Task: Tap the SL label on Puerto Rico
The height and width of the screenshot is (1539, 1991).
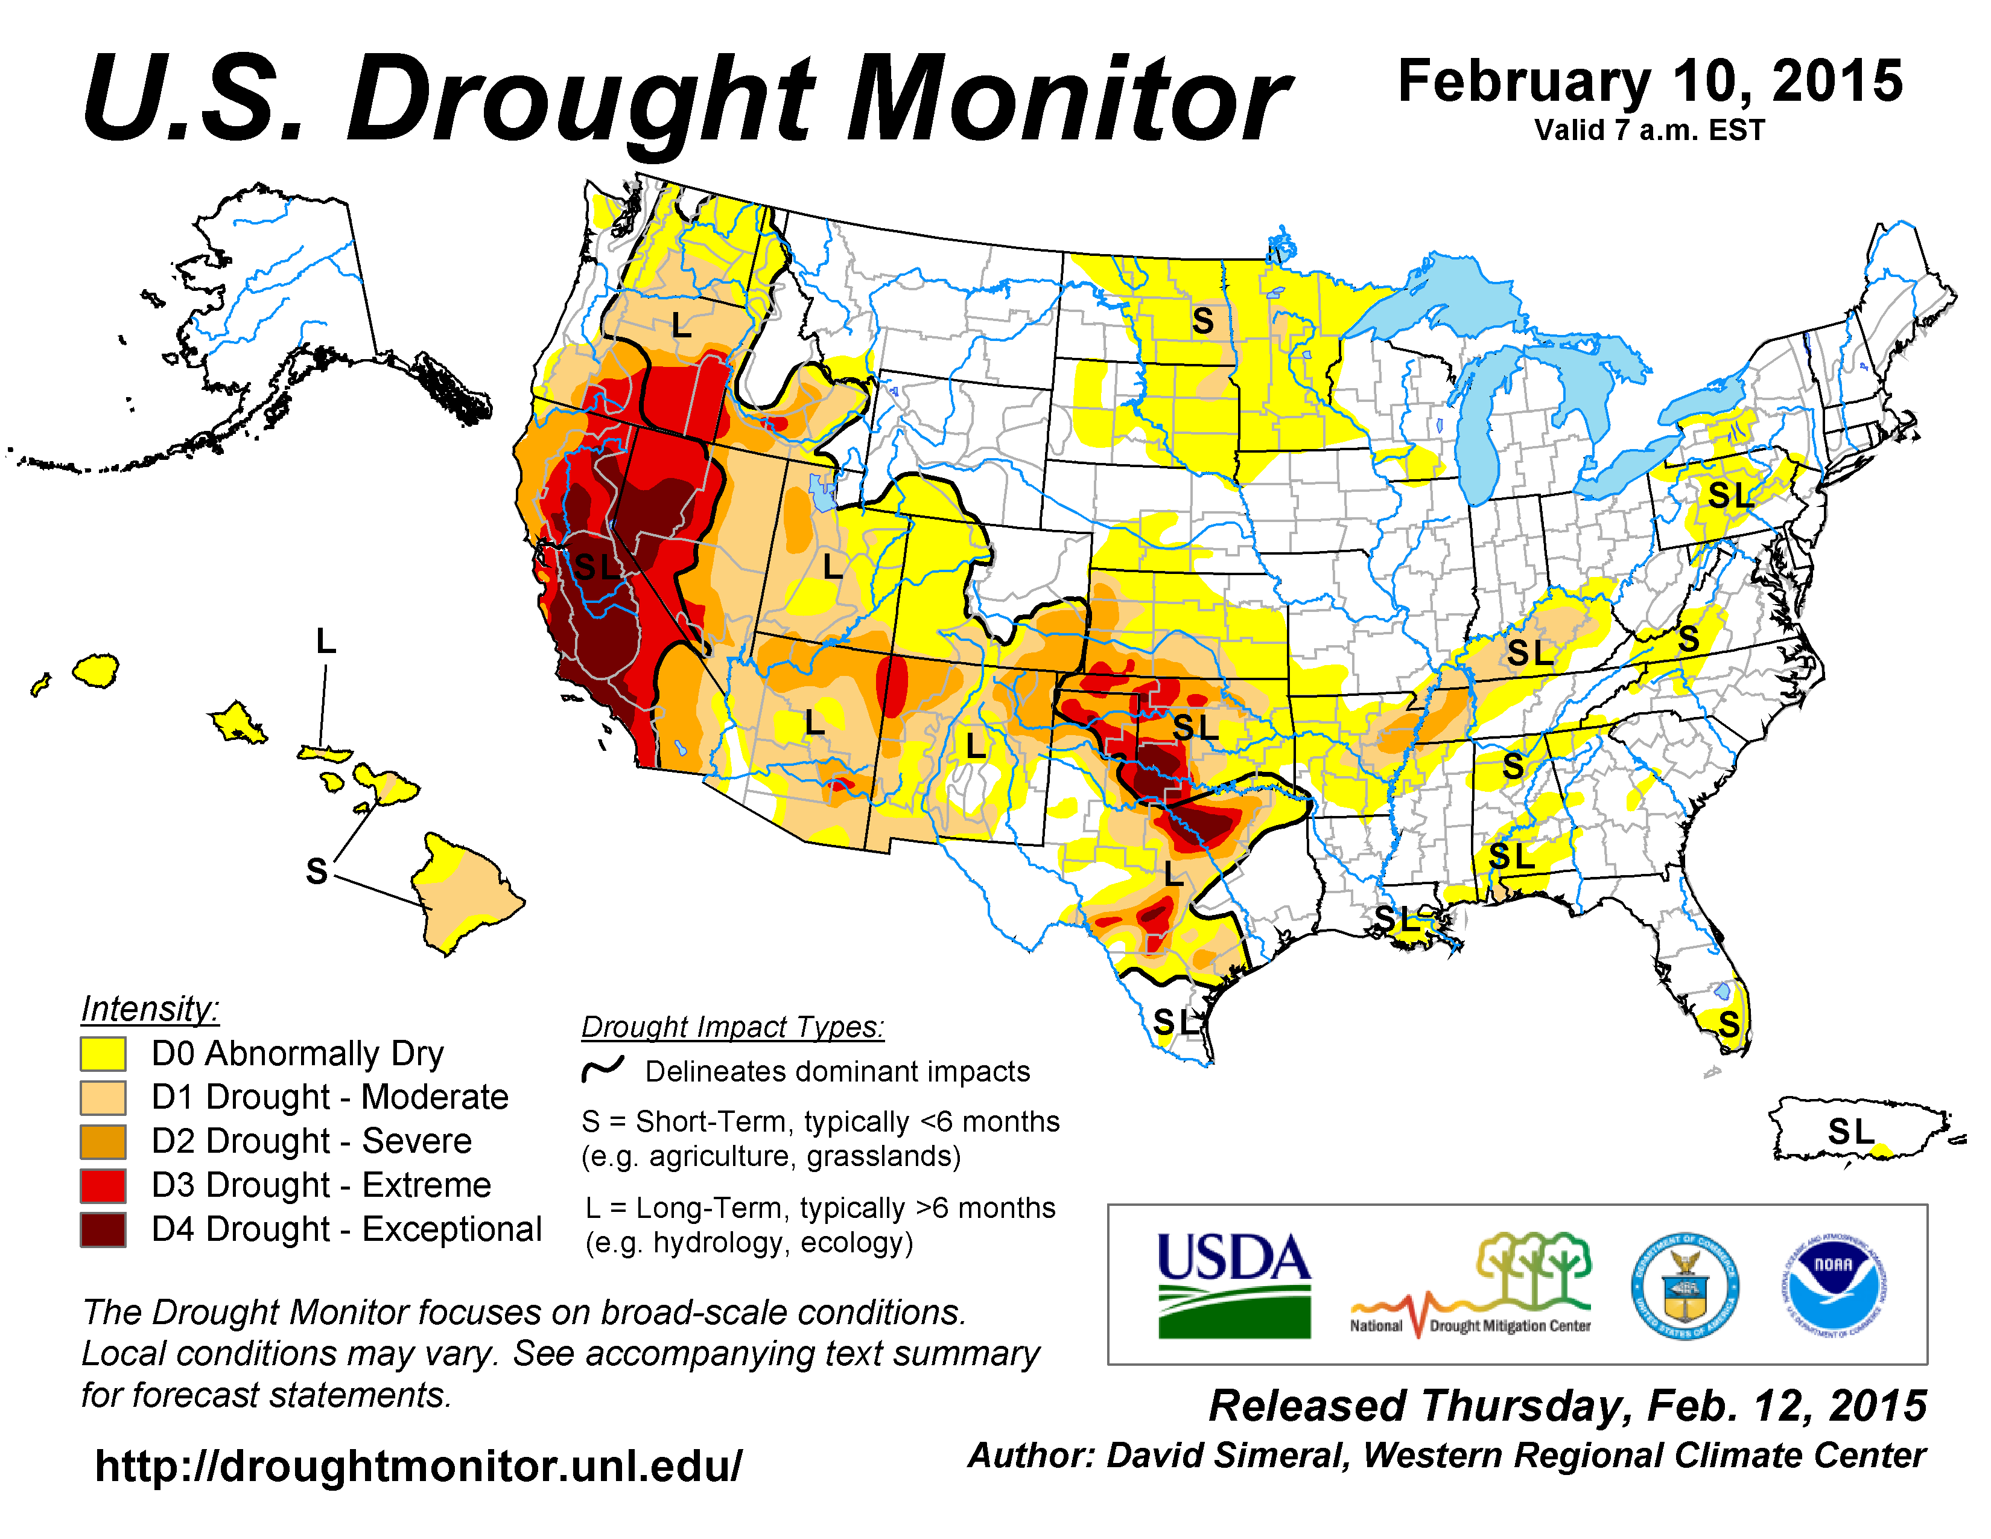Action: coord(1850,1132)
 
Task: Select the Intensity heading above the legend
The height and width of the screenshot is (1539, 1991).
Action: coord(150,1009)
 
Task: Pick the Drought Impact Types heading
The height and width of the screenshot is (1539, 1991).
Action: coord(733,1027)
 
